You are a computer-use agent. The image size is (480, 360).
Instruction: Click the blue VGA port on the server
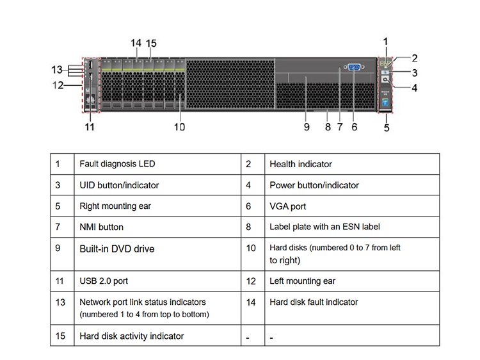click(x=354, y=67)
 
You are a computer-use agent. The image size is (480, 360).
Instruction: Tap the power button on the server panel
click(x=385, y=79)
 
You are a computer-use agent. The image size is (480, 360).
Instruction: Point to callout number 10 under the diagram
click(x=179, y=127)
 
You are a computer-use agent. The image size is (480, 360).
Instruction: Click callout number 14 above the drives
click(x=136, y=43)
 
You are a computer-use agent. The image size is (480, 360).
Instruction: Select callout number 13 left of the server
click(x=57, y=70)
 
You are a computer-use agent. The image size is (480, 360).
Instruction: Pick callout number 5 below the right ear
click(x=387, y=127)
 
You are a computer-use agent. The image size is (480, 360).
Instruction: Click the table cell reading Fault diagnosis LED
click(x=117, y=164)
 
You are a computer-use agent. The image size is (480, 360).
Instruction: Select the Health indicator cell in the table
click(x=301, y=164)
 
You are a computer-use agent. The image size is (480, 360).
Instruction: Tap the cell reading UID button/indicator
click(x=119, y=185)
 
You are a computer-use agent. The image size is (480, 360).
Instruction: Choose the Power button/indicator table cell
click(x=314, y=185)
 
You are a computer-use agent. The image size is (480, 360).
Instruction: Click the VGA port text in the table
click(x=288, y=206)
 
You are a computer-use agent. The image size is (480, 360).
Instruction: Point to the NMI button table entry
click(x=101, y=227)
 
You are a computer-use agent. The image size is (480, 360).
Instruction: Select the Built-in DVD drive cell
click(x=117, y=249)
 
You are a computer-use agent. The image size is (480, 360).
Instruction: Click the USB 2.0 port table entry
click(x=104, y=281)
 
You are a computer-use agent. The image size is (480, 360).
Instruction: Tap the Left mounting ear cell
click(x=303, y=281)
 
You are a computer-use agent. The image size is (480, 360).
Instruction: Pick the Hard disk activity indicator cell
click(x=132, y=336)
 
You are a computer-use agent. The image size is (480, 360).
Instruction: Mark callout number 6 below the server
click(x=354, y=127)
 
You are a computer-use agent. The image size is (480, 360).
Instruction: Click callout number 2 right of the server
click(x=415, y=58)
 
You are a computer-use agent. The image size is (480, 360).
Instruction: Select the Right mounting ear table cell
click(x=115, y=206)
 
